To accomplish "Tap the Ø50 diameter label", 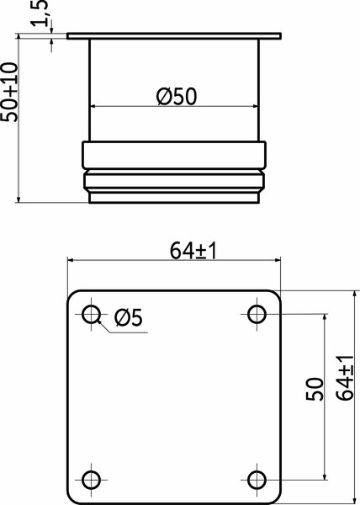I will point(177,96).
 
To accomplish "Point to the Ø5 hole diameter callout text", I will point(128,317).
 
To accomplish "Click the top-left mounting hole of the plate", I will point(91,315).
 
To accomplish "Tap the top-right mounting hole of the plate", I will point(257,315).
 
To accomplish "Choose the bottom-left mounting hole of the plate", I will point(91,480).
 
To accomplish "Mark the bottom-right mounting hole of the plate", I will point(257,480).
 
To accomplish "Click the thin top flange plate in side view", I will point(173,37).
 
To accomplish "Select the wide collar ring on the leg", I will point(173,155).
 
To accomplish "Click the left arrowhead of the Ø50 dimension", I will point(95,106).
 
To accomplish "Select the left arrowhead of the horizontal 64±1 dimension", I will point(71,262).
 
